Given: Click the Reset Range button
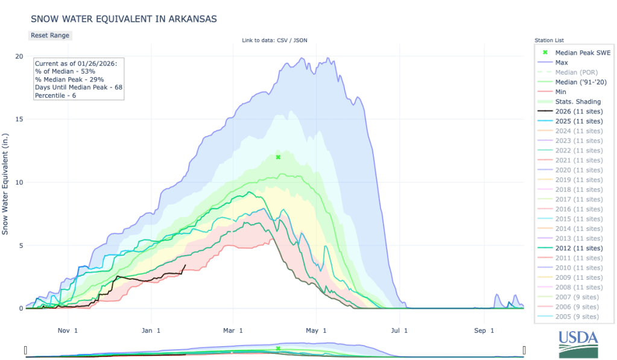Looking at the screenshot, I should point(50,36).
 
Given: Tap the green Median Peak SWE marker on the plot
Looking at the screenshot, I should point(278,157).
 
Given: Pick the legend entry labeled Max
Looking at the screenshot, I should point(562,63).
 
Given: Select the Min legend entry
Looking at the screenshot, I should point(561,92).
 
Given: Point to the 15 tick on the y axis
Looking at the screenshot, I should point(19,119).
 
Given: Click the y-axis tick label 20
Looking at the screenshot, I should point(19,56).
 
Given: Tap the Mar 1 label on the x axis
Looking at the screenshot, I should point(233,330).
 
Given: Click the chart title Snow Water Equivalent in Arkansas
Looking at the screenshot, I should point(124,19).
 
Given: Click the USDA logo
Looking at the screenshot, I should point(578,344).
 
